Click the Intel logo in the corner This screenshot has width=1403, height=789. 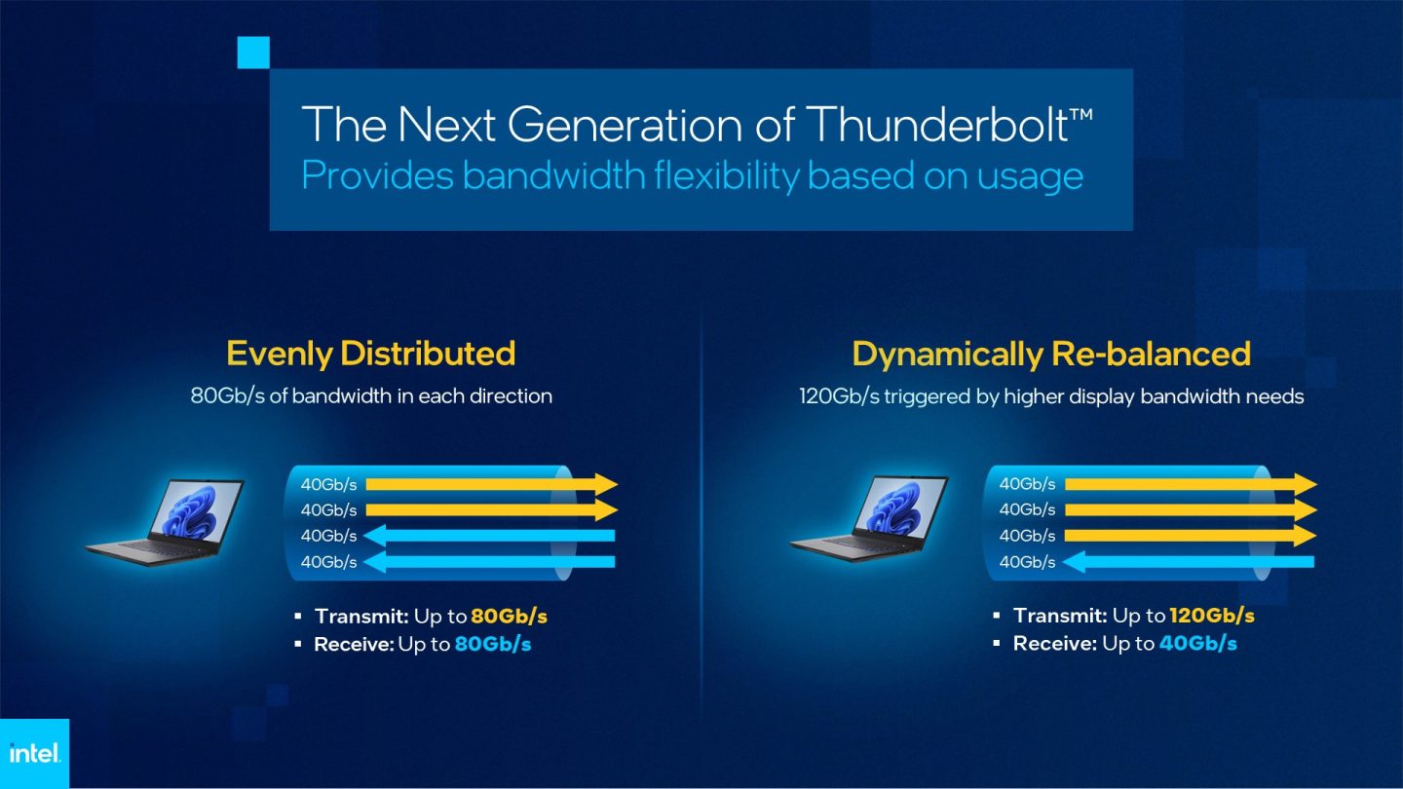click(x=34, y=753)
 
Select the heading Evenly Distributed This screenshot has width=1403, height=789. click(x=370, y=353)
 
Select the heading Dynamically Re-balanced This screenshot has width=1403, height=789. click(x=1050, y=353)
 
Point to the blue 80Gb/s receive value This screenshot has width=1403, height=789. click(x=493, y=644)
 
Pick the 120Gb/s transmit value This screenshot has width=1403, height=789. click(x=1211, y=616)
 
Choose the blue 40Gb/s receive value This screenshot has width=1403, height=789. click(x=1197, y=643)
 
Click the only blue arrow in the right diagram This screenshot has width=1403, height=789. click(x=1189, y=561)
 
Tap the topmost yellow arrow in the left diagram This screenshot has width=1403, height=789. click(x=492, y=484)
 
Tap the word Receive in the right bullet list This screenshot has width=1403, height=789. click(x=1054, y=643)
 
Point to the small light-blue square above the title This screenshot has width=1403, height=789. click(x=252, y=53)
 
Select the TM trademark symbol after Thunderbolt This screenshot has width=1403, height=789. click(x=1081, y=113)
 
